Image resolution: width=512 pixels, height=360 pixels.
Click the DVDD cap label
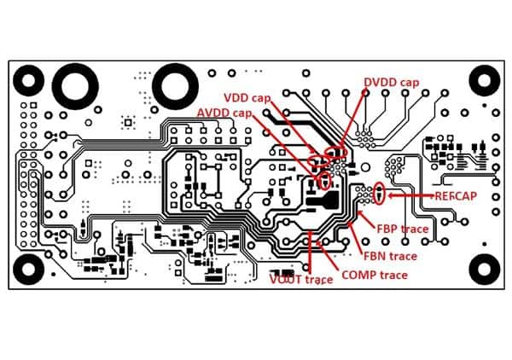click(391, 82)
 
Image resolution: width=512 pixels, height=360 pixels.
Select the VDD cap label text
click(247, 98)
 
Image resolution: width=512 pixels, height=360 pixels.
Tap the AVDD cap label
click(224, 113)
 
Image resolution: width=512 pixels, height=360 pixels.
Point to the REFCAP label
click(455, 196)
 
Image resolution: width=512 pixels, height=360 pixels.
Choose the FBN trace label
click(391, 255)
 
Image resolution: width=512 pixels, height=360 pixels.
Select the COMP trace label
click(374, 275)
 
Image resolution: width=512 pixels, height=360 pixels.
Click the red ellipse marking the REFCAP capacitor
click(380, 195)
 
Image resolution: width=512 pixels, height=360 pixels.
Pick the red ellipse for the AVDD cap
click(324, 180)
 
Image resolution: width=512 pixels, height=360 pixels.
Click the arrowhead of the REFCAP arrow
click(389, 195)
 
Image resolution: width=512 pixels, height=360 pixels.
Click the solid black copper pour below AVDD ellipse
click(327, 201)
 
